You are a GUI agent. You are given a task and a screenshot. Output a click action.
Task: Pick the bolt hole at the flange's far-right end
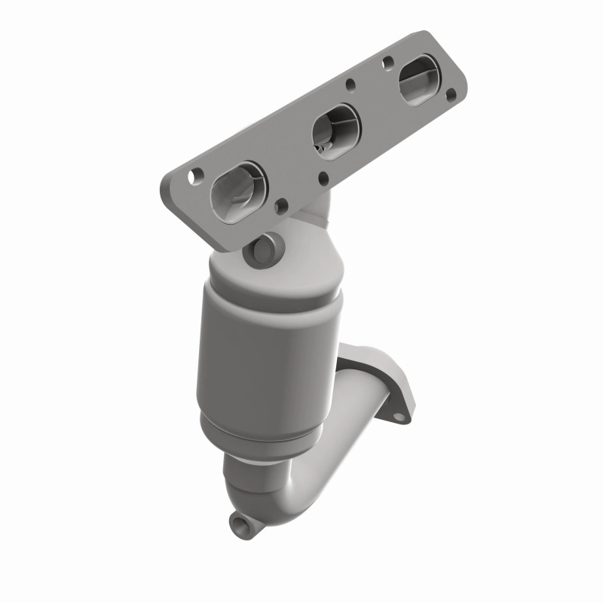(450, 96)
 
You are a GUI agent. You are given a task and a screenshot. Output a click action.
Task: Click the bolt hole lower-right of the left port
(281, 204)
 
